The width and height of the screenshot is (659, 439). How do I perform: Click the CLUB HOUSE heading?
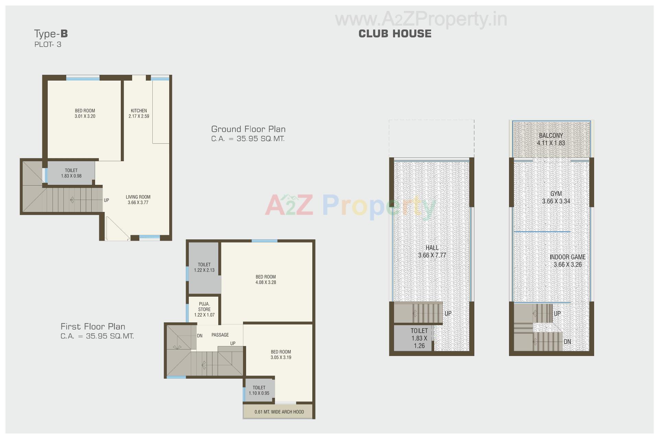[395, 34]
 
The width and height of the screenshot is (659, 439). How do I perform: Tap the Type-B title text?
[51, 34]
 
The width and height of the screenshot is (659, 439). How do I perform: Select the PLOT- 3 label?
[48, 44]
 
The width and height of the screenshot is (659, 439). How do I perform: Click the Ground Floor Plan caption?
[248, 129]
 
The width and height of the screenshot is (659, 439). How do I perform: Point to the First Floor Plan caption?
[93, 327]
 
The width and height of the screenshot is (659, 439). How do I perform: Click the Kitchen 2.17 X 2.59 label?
[139, 114]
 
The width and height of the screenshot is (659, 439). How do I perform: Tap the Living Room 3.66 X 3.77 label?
[138, 200]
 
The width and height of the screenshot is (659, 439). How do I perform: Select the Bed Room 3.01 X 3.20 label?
[85, 114]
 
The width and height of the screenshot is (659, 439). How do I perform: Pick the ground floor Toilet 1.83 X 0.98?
[71, 173]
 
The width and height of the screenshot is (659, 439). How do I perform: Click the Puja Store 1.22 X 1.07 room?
[204, 309]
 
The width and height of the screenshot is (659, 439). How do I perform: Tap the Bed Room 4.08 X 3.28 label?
[266, 280]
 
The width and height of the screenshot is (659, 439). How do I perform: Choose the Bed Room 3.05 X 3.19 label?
[281, 355]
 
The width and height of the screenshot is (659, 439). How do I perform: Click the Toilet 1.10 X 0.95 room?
[259, 391]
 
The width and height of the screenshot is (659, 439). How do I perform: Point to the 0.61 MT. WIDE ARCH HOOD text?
[279, 412]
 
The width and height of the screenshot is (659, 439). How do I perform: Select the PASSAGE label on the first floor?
[220, 335]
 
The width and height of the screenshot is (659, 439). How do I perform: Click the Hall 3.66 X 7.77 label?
[432, 251]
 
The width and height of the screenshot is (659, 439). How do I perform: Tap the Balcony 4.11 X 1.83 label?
[551, 139]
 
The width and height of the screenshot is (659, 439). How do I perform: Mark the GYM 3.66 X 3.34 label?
[556, 198]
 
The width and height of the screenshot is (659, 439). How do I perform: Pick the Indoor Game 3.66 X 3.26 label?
[567, 261]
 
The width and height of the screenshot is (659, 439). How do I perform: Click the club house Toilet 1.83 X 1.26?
[419, 338]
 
